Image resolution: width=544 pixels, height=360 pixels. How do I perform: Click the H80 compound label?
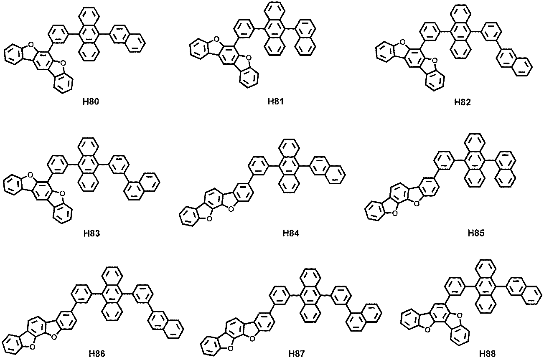coord(91,101)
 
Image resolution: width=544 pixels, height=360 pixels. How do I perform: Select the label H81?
coord(276,101)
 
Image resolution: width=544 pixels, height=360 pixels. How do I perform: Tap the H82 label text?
coord(463,102)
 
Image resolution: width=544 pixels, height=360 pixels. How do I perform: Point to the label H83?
coord(92,233)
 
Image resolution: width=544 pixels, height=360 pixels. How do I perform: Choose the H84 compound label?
coord(291,233)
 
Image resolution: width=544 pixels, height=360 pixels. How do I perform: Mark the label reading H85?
coord(476,233)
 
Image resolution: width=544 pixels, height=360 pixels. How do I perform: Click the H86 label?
coord(97,354)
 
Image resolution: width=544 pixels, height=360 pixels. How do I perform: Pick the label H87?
coord(297,354)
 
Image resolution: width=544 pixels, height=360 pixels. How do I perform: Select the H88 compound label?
coord(488,353)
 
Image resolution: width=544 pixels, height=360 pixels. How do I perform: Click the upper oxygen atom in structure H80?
coord(31,45)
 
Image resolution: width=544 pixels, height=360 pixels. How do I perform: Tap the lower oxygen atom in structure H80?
coord(63,63)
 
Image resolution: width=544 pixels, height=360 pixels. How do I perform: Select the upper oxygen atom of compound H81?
coord(216,39)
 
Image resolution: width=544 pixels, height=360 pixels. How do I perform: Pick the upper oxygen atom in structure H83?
coord(30,175)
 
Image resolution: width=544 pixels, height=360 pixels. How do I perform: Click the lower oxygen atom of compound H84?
coord(209,219)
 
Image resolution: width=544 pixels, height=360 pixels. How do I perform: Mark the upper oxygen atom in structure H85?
coord(416,203)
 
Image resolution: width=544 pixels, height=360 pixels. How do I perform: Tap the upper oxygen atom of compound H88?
coord(459,315)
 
